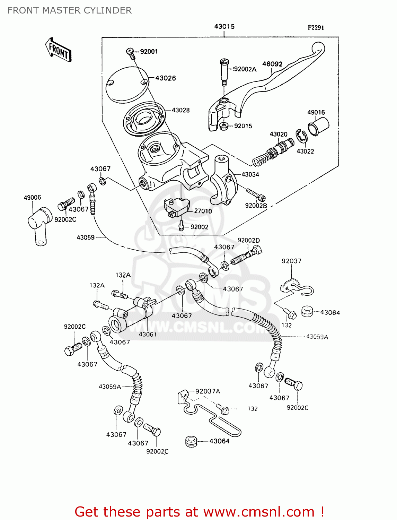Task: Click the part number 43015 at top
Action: tap(224, 27)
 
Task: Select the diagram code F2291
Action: tap(316, 28)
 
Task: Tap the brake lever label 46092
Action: tap(272, 64)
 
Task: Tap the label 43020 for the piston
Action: tap(278, 135)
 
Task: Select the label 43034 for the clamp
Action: tap(250, 175)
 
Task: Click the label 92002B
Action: tap(256, 206)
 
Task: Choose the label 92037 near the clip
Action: tap(291, 261)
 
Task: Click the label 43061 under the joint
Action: tap(148, 335)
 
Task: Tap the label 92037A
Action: tap(208, 391)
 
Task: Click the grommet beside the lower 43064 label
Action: tap(191, 442)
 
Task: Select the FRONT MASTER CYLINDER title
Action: tap(69, 10)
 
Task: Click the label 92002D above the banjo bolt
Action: tap(248, 241)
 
